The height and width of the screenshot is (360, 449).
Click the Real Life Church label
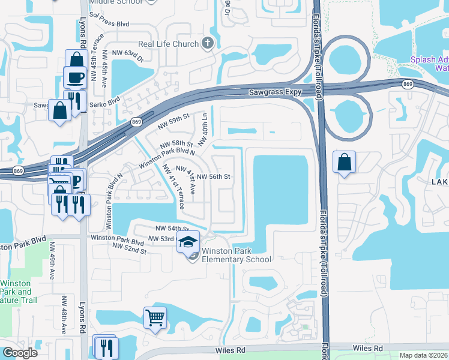click(x=168, y=43)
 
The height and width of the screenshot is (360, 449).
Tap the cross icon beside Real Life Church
click(x=208, y=43)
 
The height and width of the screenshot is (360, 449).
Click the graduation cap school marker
click(x=188, y=242)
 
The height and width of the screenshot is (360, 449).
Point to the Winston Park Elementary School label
click(x=237, y=255)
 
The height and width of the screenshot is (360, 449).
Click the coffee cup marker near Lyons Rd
click(x=76, y=78)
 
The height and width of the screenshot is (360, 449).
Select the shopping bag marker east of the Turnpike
click(x=344, y=162)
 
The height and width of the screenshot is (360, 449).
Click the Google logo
click(x=20, y=353)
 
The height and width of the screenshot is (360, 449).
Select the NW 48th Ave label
click(x=64, y=314)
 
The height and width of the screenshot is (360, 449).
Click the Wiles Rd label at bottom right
click(x=368, y=348)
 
